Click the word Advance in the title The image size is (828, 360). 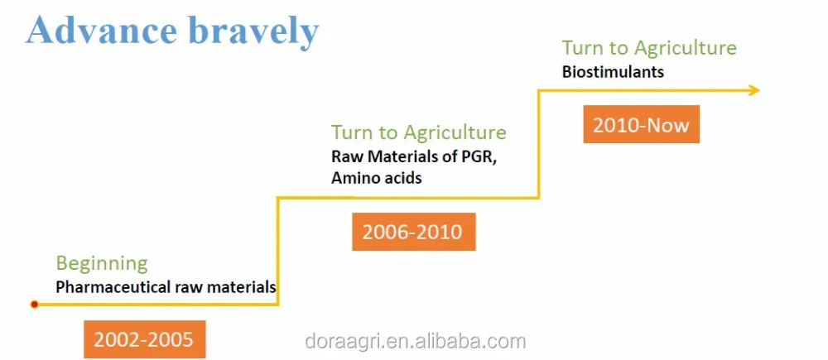pyautogui.click(x=101, y=30)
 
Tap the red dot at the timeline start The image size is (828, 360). pyautogui.click(x=34, y=304)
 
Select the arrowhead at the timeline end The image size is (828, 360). pyautogui.click(x=753, y=89)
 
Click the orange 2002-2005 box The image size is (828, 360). pyautogui.click(x=144, y=338)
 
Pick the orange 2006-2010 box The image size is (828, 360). pyautogui.click(x=413, y=231)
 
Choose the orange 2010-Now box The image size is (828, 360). pyautogui.click(x=641, y=124)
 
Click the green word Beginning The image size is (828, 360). pyautogui.click(x=102, y=263)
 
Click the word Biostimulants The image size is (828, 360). pyautogui.click(x=613, y=72)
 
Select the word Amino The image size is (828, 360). pyautogui.click(x=352, y=178)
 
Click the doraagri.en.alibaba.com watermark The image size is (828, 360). pyautogui.click(x=416, y=341)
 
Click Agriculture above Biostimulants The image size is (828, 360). pyautogui.click(x=685, y=49)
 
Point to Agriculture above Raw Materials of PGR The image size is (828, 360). pyautogui.click(x=455, y=132)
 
